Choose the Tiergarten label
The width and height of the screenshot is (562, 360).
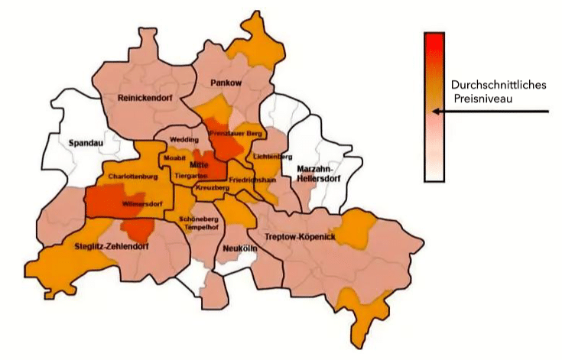point(190,175)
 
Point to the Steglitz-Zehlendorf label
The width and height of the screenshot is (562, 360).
point(108,246)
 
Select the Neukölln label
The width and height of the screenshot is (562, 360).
point(238,248)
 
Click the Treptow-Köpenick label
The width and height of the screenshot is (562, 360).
point(300,238)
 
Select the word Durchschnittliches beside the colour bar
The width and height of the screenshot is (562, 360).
point(498,85)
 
